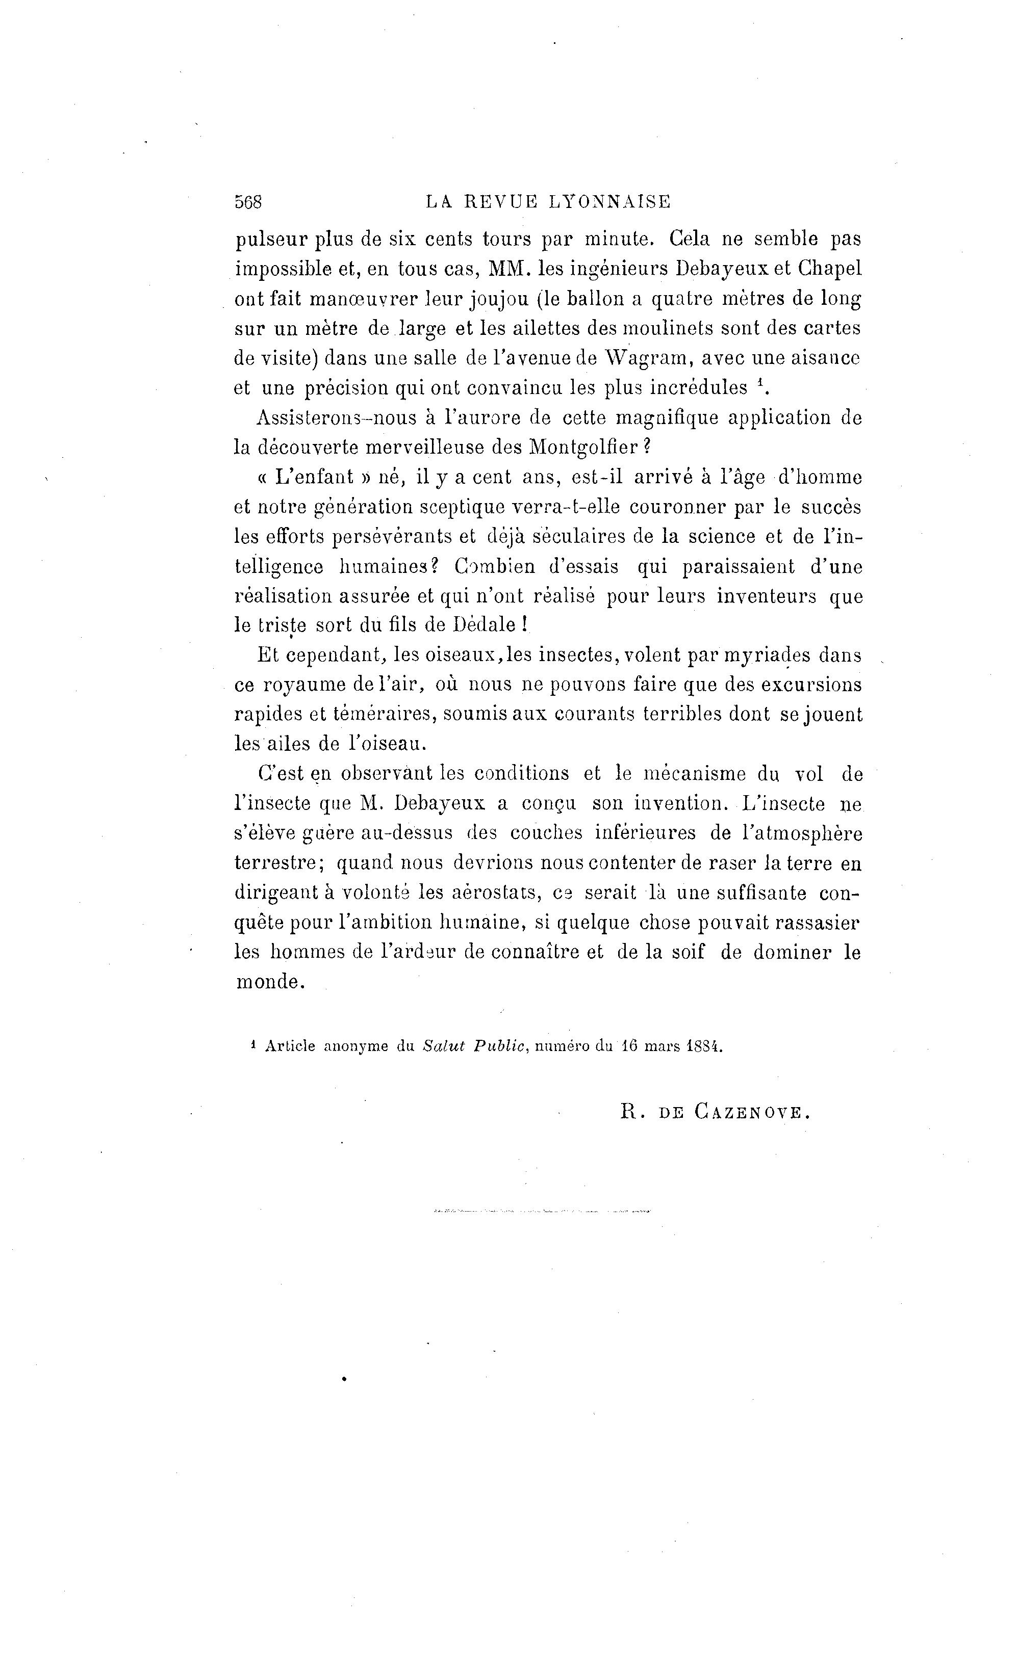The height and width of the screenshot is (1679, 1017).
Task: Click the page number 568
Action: tap(248, 202)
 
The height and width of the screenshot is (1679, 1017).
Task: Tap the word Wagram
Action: tap(644, 358)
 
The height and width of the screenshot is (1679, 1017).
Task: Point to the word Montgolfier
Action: tap(583, 447)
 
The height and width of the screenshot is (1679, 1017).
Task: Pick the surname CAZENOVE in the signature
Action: tap(751, 1113)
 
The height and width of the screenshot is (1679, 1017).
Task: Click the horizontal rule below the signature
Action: tap(542, 1212)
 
